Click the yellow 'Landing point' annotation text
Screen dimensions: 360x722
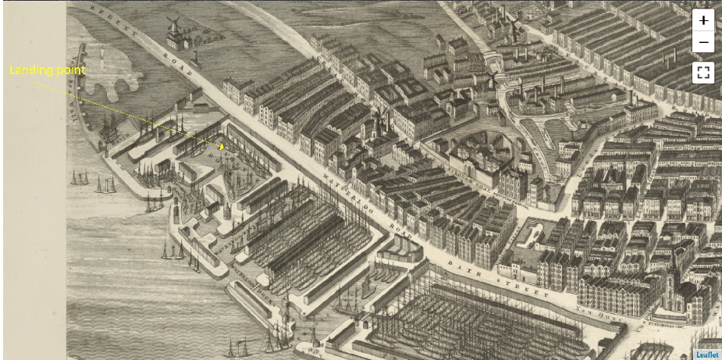pyautogui.click(x=47, y=70)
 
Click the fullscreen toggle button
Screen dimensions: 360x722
pyautogui.click(x=703, y=73)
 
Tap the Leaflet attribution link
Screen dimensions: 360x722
pyautogui.click(x=707, y=355)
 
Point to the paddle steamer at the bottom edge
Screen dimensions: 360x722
pyautogui.click(x=242, y=344)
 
